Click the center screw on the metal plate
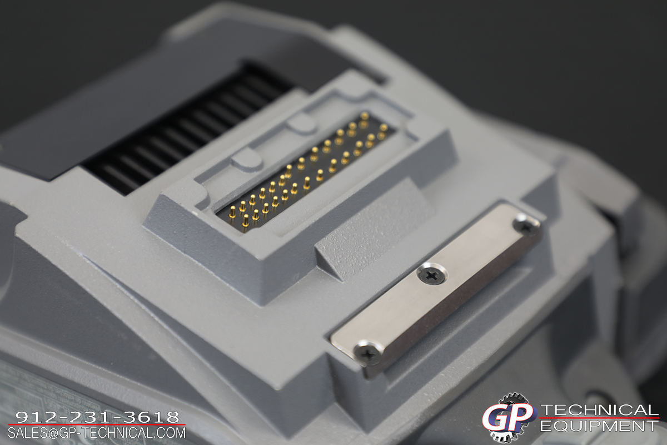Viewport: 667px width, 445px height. (x=432, y=274)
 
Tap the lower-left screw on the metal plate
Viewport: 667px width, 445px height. (x=368, y=353)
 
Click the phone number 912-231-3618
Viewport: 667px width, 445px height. (x=98, y=417)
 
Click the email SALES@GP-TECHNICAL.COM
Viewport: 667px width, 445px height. (x=97, y=433)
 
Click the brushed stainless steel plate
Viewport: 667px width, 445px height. (x=436, y=289)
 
